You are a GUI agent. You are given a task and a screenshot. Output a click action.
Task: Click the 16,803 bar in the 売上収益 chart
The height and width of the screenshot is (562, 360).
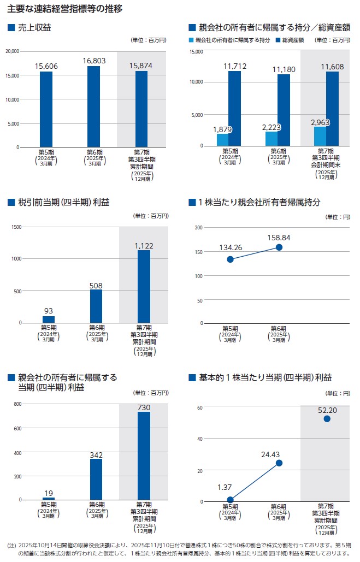click(x=93, y=107)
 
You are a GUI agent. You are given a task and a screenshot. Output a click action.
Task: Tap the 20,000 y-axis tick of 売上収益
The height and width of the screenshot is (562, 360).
click(x=11, y=51)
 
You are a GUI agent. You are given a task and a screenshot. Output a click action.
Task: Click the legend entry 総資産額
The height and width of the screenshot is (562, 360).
click(x=293, y=40)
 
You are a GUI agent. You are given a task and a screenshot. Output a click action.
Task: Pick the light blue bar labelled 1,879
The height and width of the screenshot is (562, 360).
click(x=222, y=139)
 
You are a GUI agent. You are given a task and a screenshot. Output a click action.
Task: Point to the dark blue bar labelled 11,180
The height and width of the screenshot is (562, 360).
click(x=284, y=110)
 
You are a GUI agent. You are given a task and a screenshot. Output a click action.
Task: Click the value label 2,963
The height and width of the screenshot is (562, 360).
click(x=320, y=121)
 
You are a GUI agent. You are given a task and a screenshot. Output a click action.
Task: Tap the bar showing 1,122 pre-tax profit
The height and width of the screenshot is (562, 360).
click(x=144, y=286)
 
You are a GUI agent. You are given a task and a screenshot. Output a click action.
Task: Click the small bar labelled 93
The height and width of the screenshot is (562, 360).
click(x=48, y=320)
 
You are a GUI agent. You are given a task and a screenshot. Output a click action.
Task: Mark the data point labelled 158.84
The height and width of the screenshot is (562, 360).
click(x=279, y=247)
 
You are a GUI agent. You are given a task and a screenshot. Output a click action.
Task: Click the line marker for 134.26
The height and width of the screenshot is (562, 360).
click(x=231, y=259)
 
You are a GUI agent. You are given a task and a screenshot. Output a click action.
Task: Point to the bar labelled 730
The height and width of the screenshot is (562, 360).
click(x=144, y=455)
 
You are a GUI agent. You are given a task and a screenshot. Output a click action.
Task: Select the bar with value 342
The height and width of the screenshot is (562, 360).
click(x=96, y=479)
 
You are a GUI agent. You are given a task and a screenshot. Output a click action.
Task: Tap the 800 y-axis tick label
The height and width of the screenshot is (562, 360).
click(x=17, y=404)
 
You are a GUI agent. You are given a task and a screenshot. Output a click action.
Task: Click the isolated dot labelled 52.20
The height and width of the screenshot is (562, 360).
click(x=327, y=419)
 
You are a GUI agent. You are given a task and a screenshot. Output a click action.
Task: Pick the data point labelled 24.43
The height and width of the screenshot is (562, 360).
click(x=279, y=463)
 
